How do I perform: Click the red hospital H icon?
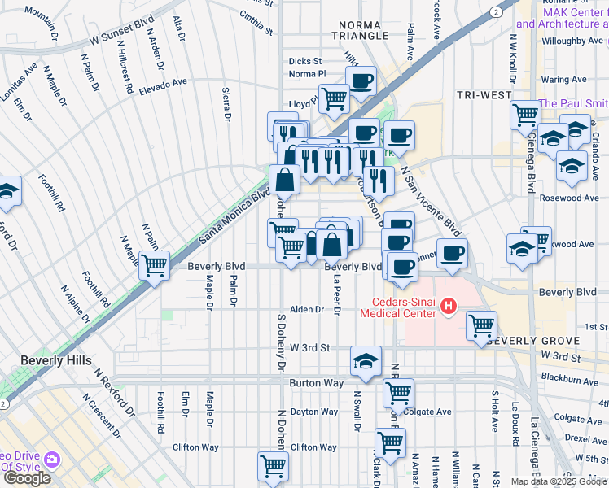click(446, 306)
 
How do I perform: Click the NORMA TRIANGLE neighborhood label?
click(361, 28)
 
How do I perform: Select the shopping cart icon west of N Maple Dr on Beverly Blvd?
click(154, 264)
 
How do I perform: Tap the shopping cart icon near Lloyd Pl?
click(334, 98)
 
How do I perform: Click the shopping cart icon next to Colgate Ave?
click(398, 393)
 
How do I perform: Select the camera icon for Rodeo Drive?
click(53, 461)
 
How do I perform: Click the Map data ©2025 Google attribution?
click(559, 481)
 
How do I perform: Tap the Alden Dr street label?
click(308, 310)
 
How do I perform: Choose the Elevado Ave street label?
click(163, 83)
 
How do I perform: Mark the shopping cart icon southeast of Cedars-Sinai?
click(482, 325)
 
